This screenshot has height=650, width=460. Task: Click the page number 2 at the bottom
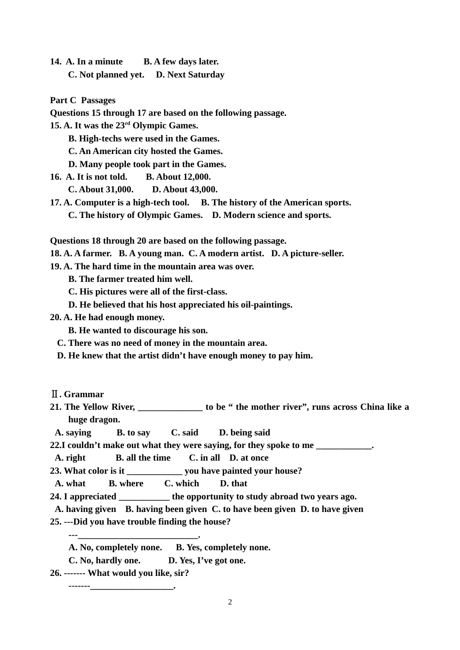230,602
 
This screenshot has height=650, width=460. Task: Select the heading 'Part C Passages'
83,100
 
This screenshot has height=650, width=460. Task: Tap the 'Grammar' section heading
83,394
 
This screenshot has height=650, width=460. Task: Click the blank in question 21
170,407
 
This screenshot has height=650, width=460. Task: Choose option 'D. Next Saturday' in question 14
190,75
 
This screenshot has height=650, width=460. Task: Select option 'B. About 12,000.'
178,177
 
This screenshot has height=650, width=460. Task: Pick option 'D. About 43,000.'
184,189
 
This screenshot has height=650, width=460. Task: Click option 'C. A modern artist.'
226,253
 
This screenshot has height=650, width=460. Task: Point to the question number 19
55,266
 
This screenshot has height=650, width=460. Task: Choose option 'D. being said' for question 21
245,433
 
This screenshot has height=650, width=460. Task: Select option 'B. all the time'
143,458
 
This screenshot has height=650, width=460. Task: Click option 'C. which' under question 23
182,483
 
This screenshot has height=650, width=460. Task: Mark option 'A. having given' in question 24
86,509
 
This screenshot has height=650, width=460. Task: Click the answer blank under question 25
138,535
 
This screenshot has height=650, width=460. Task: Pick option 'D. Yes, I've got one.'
207,560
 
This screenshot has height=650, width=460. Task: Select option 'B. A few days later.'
181,62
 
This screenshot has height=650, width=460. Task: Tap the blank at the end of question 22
344,446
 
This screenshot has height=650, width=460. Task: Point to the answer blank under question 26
132,587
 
